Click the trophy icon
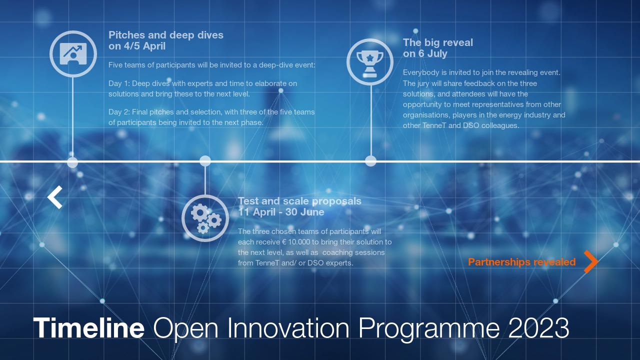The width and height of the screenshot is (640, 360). tap(370, 62)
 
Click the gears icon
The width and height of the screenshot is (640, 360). tap(205, 218)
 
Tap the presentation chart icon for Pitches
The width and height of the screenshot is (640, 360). tap(73, 53)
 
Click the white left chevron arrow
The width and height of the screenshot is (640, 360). tap(55, 197)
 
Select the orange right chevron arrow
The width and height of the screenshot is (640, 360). tap(590, 261)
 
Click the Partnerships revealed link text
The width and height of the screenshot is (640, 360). tap(521, 262)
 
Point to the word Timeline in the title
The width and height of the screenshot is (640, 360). tap(89, 328)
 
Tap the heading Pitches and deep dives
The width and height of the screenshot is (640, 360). tap(166, 35)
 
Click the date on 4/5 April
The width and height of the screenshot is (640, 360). tap(137, 46)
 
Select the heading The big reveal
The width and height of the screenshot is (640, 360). tap(437, 42)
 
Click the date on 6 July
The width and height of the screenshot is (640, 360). tap(425, 53)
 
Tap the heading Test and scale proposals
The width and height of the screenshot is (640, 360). tap(299, 201)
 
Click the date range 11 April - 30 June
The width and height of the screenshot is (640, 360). tap(281, 212)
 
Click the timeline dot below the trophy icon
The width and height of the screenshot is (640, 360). tap(370, 161)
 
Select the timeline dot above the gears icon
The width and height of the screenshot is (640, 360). tap(205, 161)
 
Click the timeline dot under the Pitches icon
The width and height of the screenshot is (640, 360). tap(72, 162)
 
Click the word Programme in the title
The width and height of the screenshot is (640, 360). tap(428, 328)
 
